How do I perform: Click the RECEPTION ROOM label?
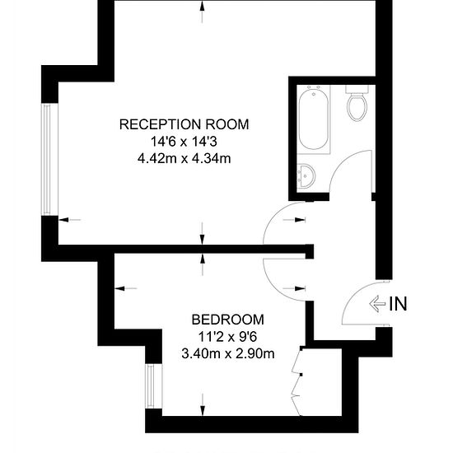pos(184,124)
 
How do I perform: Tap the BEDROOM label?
pos(228,320)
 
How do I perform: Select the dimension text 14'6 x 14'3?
pos(184,142)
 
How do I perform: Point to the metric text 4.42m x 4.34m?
pos(184,159)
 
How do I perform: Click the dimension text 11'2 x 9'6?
pos(227,337)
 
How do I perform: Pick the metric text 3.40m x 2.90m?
pos(228,353)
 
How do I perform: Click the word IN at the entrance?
pos(398,304)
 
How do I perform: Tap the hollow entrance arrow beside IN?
pos(377,304)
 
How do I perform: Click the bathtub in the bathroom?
pos(314,119)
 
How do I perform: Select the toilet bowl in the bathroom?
pos(357,103)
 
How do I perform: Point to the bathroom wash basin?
pos(306,175)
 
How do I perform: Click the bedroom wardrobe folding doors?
pos(297,381)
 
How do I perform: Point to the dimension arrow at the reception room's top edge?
pos(203,12)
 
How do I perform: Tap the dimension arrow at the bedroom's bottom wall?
pos(203,405)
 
